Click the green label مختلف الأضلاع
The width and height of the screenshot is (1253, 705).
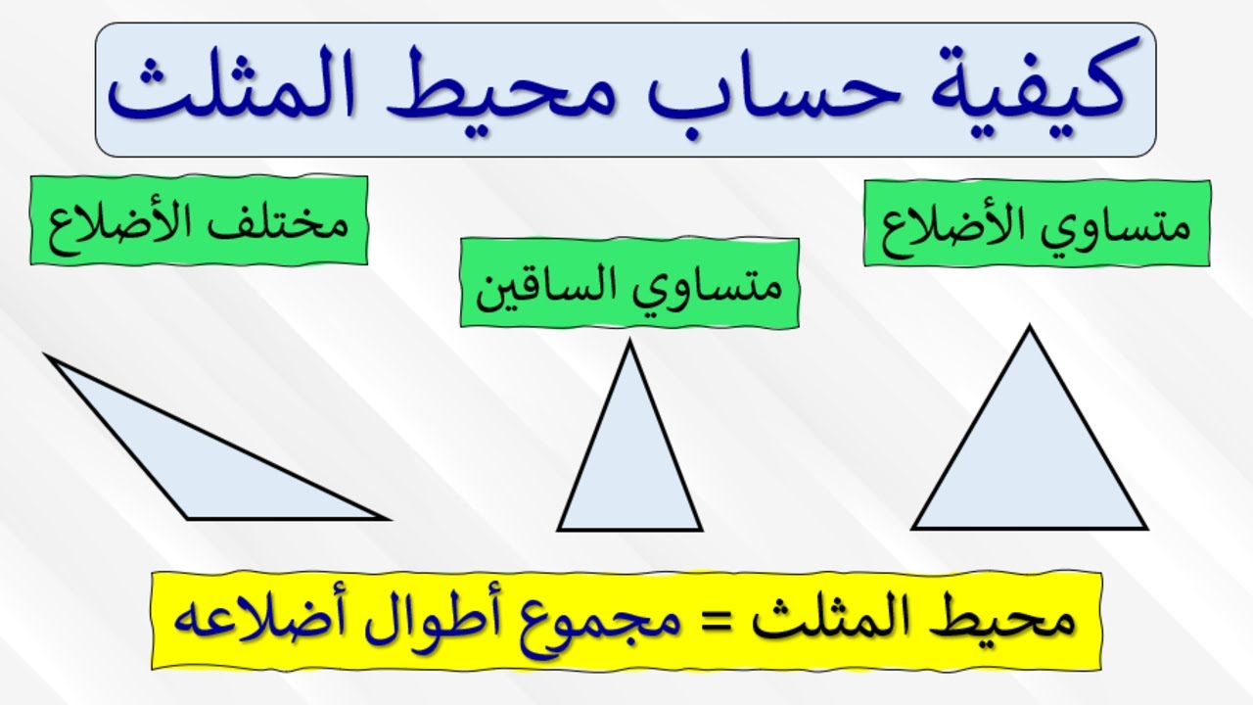[x=199, y=220]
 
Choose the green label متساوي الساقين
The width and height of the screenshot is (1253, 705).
[x=629, y=283]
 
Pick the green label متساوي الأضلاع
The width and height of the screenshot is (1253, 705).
[x=1037, y=223]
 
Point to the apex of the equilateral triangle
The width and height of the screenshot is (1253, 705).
[x=1029, y=326]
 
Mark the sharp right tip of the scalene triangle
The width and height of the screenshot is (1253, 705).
[x=389, y=519]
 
